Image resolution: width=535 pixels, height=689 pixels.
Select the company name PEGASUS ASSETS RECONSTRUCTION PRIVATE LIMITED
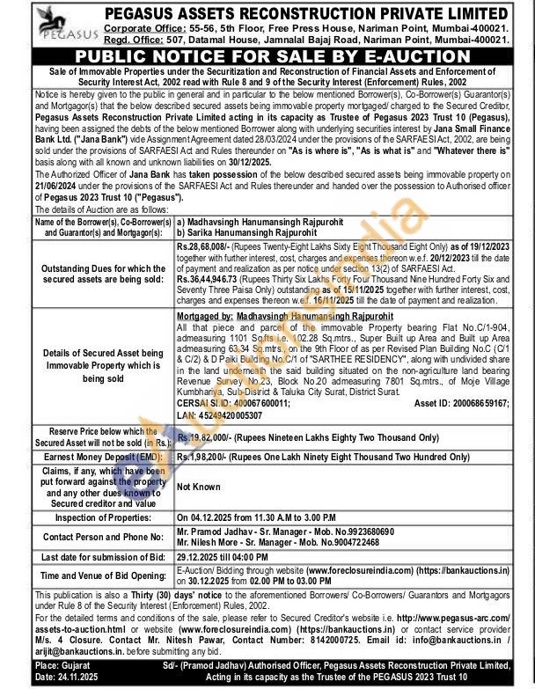tap(306, 14)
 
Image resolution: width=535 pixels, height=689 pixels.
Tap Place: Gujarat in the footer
tap(35, 666)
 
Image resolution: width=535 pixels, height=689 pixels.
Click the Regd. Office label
tap(128, 40)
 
